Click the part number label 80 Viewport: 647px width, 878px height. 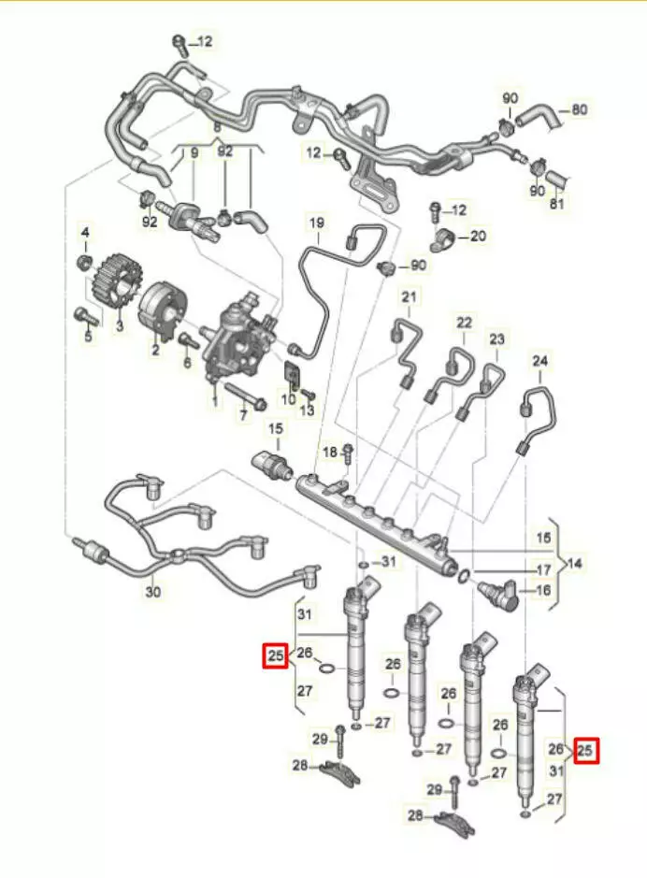(580, 109)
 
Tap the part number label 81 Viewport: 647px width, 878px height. (559, 205)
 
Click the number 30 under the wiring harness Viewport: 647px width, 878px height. (152, 592)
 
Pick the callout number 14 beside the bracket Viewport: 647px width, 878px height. (574, 564)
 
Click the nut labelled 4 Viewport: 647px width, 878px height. (83, 258)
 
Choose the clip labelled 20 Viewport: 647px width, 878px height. (442, 237)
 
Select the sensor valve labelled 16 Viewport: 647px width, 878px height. (498, 594)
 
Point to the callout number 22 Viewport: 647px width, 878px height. (465, 324)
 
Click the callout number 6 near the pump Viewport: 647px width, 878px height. (187, 362)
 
